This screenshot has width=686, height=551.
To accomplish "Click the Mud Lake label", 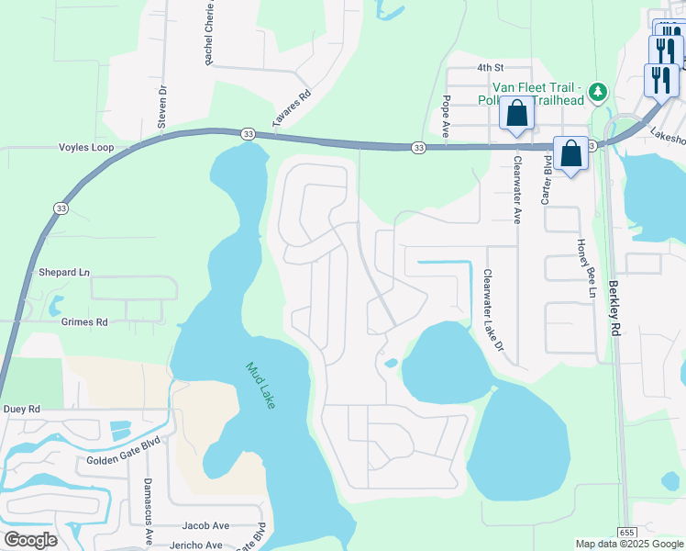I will (260, 386).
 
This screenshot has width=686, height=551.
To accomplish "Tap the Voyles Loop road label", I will (84, 147).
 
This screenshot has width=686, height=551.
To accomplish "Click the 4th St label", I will (491, 68).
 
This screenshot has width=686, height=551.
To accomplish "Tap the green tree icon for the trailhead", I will (598, 91).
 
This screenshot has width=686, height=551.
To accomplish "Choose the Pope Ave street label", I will (446, 117).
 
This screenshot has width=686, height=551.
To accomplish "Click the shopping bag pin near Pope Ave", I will (517, 114).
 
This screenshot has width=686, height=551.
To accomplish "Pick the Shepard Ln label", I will (64, 273).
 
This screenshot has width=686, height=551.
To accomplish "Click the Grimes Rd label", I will (84, 322).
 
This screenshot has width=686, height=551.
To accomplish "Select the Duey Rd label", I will (22, 409).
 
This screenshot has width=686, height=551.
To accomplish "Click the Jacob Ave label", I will (205, 525).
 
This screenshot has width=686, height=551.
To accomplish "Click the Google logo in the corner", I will (30, 540).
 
